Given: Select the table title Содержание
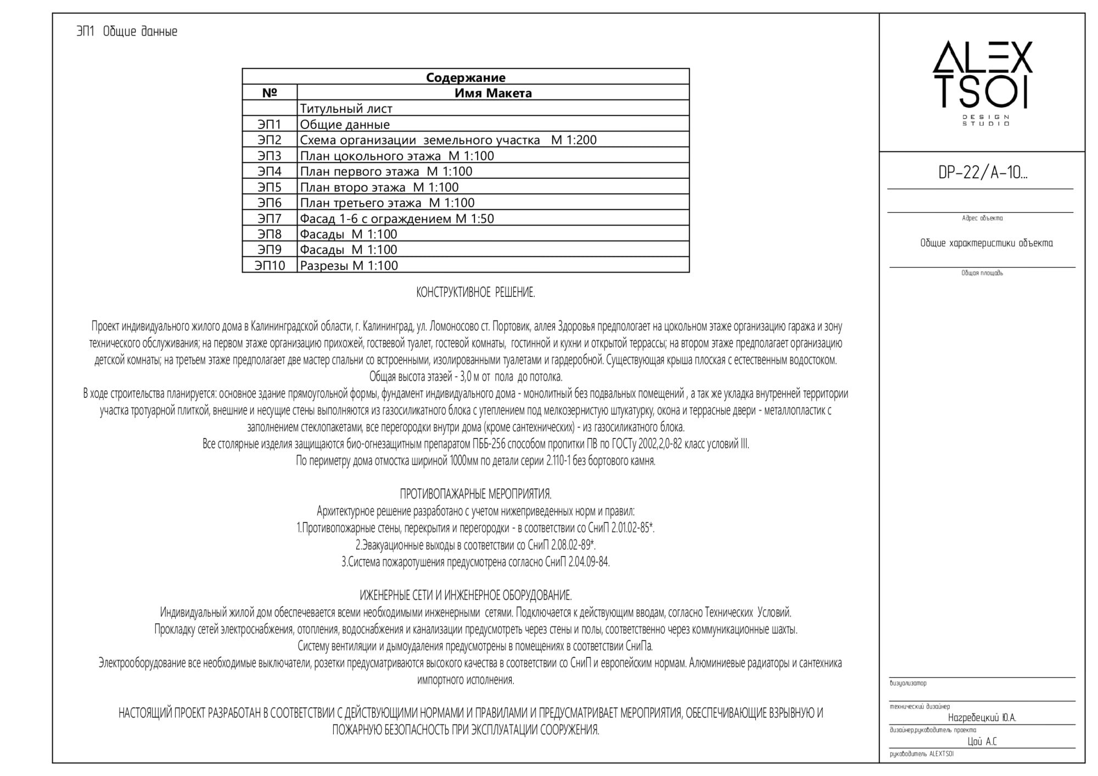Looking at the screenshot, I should click(466, 77).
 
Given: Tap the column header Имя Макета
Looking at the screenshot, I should click(493, 93).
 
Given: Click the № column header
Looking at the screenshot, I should click(270, 93).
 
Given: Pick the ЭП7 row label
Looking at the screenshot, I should click(270, 218).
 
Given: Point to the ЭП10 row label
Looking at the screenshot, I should click(270, 266).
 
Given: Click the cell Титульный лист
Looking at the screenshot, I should click(346, 109).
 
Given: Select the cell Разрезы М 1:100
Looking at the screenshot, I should click(349, 266).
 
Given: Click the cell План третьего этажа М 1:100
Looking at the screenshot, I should click(387, 203).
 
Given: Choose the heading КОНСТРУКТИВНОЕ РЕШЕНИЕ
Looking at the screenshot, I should click(475, 293).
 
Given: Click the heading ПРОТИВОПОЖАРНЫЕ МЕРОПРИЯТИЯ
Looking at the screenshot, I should click(475, 494).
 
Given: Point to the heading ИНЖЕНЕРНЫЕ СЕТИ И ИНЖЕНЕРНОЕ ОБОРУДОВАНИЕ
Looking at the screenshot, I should click(466, 595).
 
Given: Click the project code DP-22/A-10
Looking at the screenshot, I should click(983, 173).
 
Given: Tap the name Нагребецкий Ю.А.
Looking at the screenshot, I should click(982, 718).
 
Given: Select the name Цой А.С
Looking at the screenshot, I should click(982, 741).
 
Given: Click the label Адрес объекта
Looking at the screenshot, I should click(982, 218).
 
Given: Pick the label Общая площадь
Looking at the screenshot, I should click(982, 273).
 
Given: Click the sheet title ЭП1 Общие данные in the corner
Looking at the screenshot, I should click(127, 32).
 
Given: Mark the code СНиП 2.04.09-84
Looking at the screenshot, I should click(577, 562).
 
